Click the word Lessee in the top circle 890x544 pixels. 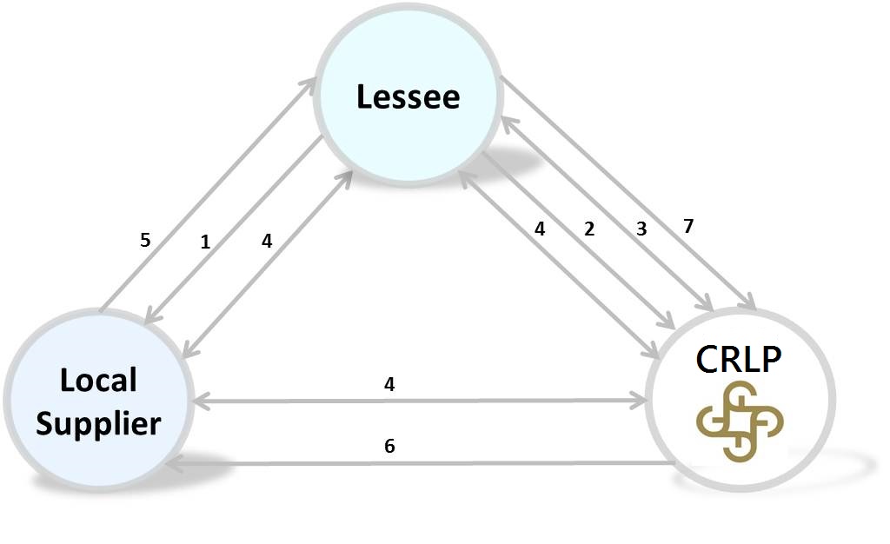tap(408, 96)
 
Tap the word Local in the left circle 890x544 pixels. tap(98, 380)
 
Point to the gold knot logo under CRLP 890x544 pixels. tap(741, 420)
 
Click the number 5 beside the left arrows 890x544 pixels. tap(145, 239)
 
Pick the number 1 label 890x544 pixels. tap(205, 242)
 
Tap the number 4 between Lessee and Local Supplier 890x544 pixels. tap(267, 242)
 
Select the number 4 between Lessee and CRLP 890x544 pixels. tap(540, 230)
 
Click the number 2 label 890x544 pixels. tap(589, 229)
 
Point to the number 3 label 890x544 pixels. tap(641, 229)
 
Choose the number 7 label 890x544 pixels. tap(688, 226)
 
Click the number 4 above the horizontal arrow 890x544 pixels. tap(389, 384)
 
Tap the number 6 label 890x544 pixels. tap(389, 446)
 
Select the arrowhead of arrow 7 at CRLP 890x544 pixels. tap(749, 304)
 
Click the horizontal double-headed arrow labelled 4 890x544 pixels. tap(487, 402)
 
